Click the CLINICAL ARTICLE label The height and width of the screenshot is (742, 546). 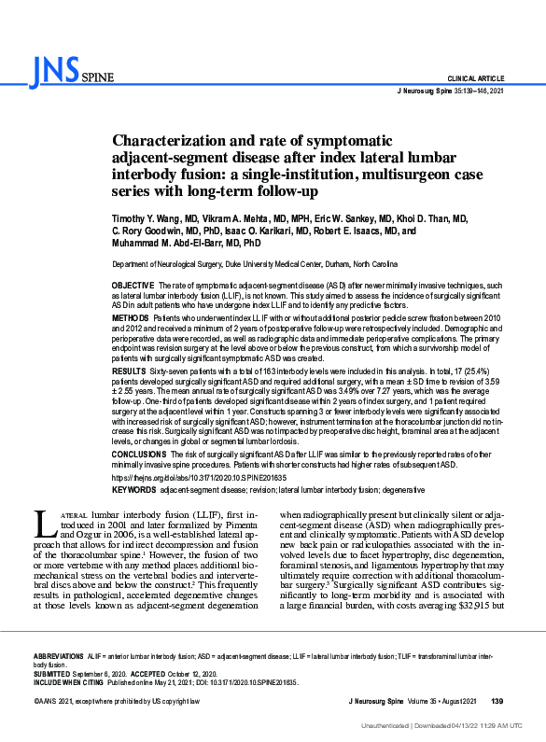tap(476, 78)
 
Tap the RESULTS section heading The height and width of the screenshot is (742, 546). tap(129, 371)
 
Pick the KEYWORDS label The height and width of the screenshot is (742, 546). tap(133, 490)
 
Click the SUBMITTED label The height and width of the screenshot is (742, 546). tap(54, 673)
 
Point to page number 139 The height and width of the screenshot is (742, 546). tap(497, 700)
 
